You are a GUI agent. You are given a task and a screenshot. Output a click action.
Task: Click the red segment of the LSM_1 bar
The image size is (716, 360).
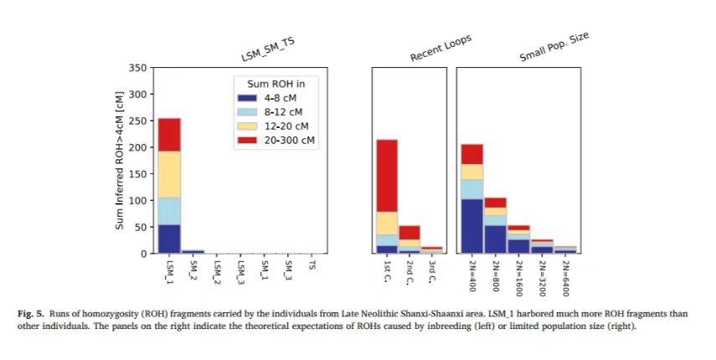[x=169, y=134]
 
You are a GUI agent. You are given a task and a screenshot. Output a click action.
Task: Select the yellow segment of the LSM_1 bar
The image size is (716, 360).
[x=169, y=174]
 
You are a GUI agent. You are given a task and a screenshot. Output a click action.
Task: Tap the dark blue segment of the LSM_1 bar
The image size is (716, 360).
[x=169, y=239]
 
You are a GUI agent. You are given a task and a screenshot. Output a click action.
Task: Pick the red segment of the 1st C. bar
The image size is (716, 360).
[x=386, y=175]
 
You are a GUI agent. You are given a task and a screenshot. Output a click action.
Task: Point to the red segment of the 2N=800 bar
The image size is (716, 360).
[x=495, y=203]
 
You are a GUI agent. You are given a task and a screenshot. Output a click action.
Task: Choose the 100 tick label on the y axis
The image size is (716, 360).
[x=139, y=201]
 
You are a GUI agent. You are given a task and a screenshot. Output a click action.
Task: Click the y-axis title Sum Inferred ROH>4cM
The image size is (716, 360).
[x=120, y=161]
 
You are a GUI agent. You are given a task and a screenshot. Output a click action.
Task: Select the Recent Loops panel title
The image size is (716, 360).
[x=440, y=49]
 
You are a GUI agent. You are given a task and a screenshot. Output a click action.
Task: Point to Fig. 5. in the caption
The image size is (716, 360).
[x=32, y=314]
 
